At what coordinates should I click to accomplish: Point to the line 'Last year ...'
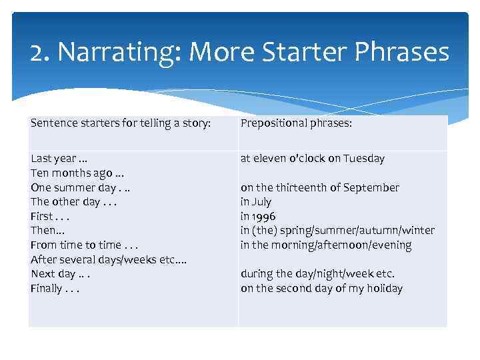point(59,159)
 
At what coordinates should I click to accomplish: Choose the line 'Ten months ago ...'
point(73,173)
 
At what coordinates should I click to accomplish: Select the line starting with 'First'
point(50,217)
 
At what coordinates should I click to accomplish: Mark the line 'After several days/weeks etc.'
point(108,259)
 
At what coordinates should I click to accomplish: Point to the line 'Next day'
point(60,274)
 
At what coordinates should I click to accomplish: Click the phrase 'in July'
point(256,202)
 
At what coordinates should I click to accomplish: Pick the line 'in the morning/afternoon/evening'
point(326,245)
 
